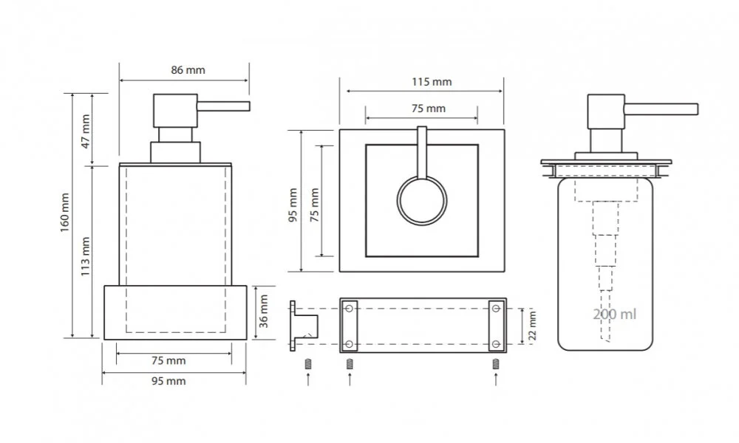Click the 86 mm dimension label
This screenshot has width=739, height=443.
click(188, 70)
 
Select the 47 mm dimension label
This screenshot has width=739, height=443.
click(85, 131)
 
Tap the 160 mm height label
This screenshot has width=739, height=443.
click(64, 213)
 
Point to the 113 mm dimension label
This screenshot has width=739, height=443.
click(85, 257)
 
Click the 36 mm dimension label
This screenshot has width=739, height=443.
click(264, 311)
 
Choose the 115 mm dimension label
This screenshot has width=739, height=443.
click(432, 82)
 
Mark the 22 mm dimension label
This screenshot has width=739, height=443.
click(533, 326)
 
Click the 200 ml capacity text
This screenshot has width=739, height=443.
click(615, 314)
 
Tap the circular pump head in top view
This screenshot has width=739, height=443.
click(422, 200)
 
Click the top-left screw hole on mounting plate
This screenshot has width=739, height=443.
click(350, 309)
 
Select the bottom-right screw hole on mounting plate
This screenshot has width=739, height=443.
click(496, 344)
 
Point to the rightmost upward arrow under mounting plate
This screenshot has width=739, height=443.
click(496, 379)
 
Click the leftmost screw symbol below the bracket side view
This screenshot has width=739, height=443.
click(308, 363)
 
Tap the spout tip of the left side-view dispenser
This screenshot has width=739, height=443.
click(248, 106)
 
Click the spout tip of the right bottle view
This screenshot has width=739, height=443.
click(697, 109)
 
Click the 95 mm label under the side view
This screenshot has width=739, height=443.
click(168, 381)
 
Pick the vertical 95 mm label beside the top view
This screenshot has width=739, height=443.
click(293, 205)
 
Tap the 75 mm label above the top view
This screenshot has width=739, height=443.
click(429, 109)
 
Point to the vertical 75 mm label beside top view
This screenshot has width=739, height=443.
click(314, 205)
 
